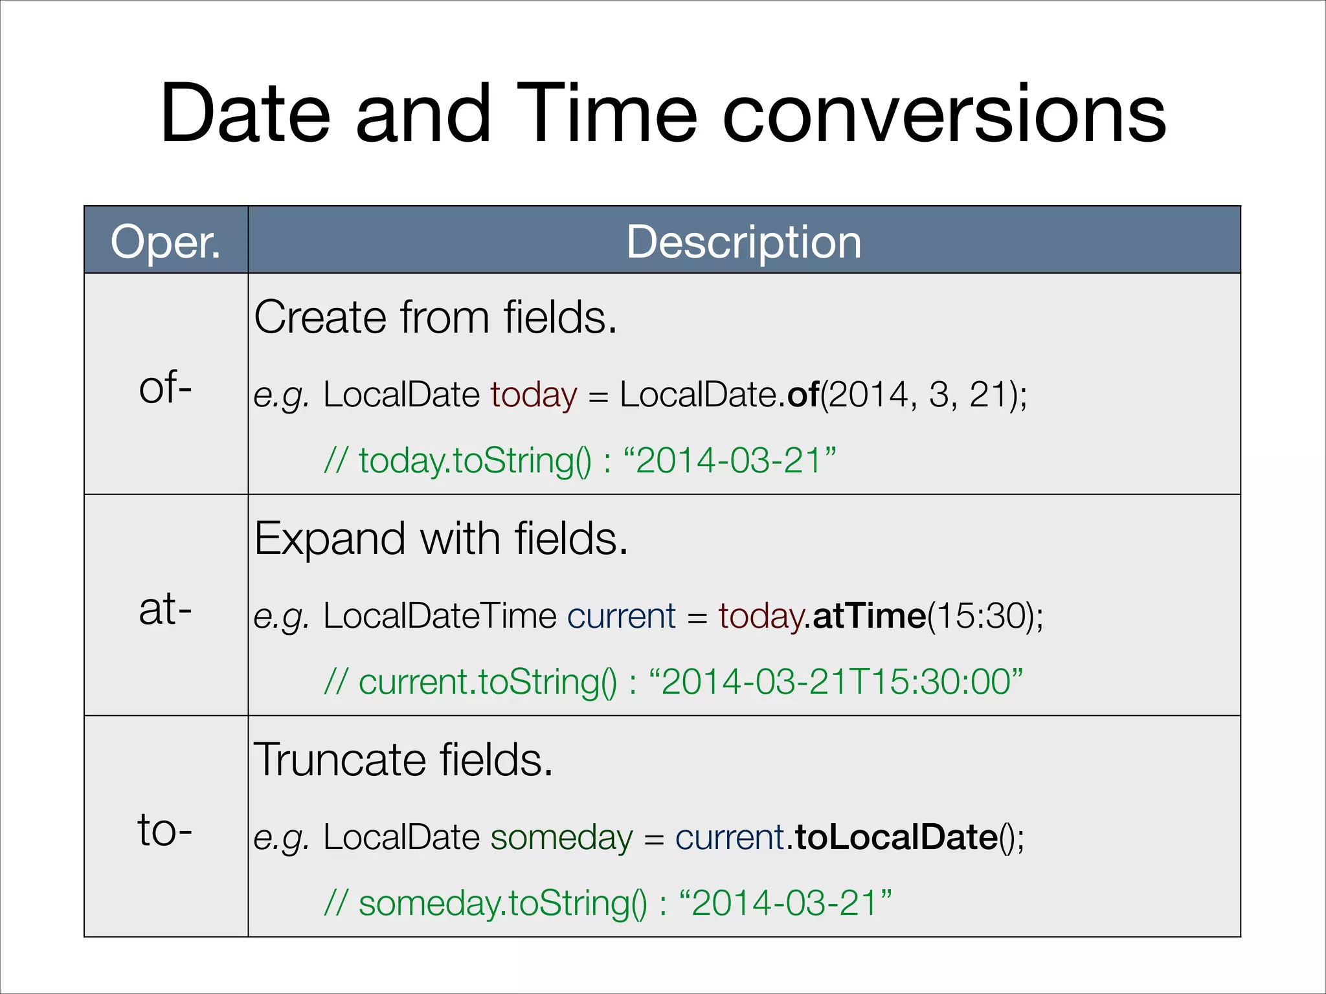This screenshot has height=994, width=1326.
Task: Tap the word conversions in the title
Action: [x=943, y=115]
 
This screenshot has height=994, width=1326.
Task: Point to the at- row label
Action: [x=166, y=609]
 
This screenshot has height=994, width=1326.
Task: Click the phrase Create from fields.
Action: [x=435, y=317]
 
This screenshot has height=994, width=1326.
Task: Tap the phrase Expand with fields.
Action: [x=440, y=538]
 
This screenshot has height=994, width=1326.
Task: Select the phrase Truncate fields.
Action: [x=403, y=760]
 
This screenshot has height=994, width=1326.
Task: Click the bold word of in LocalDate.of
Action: [x=803, y=394]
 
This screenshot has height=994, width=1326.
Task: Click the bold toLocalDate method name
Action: [x=896, y=837]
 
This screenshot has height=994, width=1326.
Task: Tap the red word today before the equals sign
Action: [x=533, y=394]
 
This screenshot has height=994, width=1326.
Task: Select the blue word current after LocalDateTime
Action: [x=621, y=615]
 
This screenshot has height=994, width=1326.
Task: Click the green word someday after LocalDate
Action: [x=561, y=837]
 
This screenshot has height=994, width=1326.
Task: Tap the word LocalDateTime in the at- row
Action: [x=440, y=615]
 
